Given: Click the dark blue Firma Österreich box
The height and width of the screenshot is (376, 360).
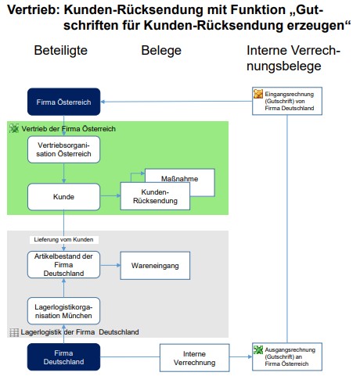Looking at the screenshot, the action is pos(64,102).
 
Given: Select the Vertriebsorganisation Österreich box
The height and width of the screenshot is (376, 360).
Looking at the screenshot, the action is pos(64,149).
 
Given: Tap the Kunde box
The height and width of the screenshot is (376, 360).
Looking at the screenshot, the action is pos(64,197).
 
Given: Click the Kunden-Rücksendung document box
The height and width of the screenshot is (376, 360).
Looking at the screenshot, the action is pos(155,196).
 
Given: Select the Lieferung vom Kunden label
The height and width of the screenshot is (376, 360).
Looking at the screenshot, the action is pos(64,239).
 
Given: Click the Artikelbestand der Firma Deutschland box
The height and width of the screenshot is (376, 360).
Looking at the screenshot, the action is pos(64,265).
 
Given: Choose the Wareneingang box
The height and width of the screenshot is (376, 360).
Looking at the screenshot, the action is pos(155,266).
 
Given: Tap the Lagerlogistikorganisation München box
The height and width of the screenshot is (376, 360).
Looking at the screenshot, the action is pos(64,311).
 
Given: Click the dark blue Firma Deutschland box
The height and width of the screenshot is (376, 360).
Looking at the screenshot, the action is pos(64,357).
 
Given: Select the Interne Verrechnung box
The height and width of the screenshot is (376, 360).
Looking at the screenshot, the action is pos(195,358).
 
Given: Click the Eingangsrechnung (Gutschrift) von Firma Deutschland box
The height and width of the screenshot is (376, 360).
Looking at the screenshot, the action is pos(287,101).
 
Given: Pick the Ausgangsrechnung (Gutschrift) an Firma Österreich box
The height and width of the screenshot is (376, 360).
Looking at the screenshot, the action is pos(287,356).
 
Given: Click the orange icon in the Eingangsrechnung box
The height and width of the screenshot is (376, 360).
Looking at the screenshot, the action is pos(258,94).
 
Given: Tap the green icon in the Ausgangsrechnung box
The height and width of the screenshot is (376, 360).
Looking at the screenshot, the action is pos(258,349).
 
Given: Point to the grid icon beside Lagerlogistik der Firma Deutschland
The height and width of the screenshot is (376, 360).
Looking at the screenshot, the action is pos(14,332).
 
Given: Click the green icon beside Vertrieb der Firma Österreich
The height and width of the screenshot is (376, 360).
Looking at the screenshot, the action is pos(14,128).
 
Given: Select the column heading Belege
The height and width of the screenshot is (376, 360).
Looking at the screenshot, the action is pos(161,51).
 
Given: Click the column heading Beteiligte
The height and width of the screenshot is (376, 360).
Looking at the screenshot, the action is pos(61,51).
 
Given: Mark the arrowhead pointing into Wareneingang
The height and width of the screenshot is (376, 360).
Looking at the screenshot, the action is pos(118,265).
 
